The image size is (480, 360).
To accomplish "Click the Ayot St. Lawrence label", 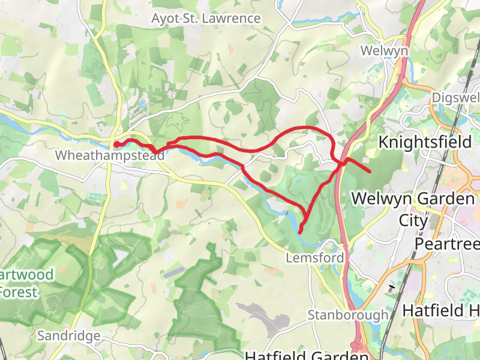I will [206, 19].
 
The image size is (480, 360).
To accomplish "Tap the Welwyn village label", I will [384, 51].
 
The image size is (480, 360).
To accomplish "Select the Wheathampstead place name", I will [109, 155].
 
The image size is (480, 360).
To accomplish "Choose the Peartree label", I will [447, 244].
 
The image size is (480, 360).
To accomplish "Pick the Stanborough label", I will [347, 315].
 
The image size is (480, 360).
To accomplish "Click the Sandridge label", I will [68, 336].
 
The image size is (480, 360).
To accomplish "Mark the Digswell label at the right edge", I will [455, 97].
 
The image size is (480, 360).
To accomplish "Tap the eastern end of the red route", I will [369, 172].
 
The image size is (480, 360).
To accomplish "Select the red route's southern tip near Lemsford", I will [299, 230].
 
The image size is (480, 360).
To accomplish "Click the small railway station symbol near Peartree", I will [392, 288].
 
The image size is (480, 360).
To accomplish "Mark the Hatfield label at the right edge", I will [441, 311].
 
